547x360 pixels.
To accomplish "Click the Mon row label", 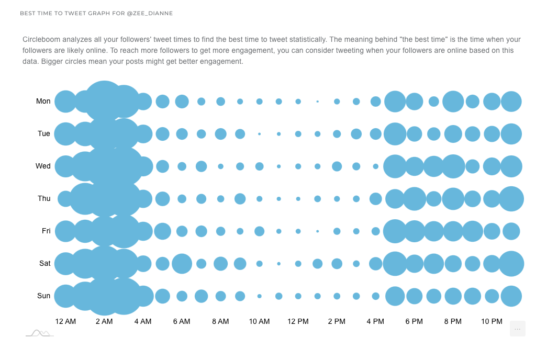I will pos(43,101).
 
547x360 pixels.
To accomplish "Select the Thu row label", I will pos(44,198).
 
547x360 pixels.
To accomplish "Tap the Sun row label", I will pos(44,296).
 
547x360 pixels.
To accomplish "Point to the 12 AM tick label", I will pos(65,321).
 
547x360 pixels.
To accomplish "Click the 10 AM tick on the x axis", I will pos(259,321).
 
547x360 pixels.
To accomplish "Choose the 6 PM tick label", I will pos(414,321).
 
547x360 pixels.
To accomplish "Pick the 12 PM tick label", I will pos(298,321).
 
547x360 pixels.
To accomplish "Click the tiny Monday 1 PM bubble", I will pos(317,102).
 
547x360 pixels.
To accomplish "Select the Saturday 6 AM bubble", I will pos(182,264).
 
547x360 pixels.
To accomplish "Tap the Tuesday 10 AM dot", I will pos(259,134).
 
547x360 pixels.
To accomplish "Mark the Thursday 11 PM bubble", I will pos(511,199).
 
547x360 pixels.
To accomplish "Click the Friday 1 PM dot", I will pos(317,231).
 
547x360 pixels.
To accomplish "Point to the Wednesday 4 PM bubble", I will pos(375,166).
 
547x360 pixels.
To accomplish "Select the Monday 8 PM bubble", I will pos(453,102).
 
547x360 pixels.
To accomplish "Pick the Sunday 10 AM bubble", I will pos(259,296).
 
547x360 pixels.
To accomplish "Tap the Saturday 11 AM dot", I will pos(278,264).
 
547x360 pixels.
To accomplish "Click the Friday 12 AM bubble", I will pos(65,231).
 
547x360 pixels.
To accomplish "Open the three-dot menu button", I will pos(517,329).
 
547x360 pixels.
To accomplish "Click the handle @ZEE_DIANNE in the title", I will pos(150,13).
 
